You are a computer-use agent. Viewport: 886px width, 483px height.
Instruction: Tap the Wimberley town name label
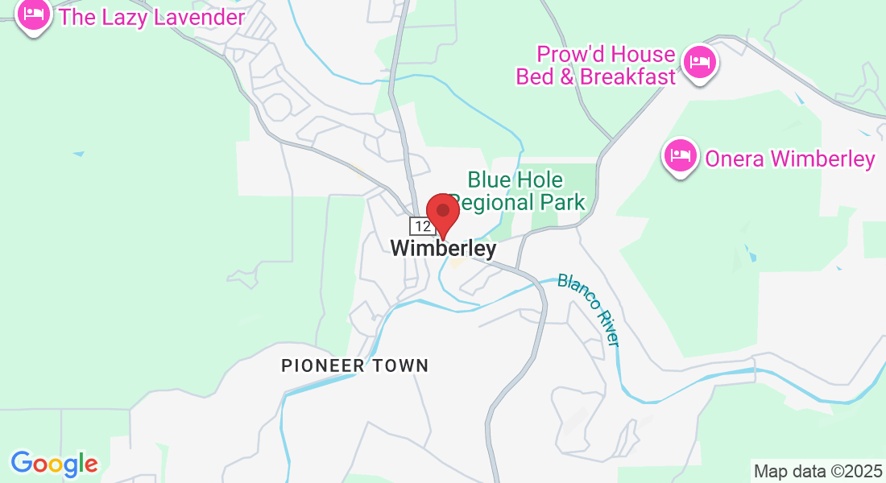click(443, 250)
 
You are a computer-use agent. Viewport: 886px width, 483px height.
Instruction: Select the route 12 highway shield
click(421, 227)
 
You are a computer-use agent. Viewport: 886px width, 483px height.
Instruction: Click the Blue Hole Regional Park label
click(516, 190)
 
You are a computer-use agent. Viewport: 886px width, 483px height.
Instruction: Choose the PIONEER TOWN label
click(354, 365)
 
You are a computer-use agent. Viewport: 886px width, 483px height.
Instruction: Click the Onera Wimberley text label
click(789, 159)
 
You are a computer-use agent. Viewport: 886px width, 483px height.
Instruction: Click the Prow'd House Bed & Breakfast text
click(595, 66)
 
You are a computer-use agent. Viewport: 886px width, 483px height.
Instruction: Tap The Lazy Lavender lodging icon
click(33, 14)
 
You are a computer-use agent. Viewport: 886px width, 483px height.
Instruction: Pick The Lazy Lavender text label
click(152, 17)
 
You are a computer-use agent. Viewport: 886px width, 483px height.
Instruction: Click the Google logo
click(54, 463)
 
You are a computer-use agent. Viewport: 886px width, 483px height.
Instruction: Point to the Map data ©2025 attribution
click(817, 471)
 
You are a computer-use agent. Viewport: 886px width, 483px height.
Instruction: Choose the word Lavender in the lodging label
click(198, 17)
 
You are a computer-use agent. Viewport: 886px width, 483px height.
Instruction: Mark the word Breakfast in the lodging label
click(628, 77)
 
